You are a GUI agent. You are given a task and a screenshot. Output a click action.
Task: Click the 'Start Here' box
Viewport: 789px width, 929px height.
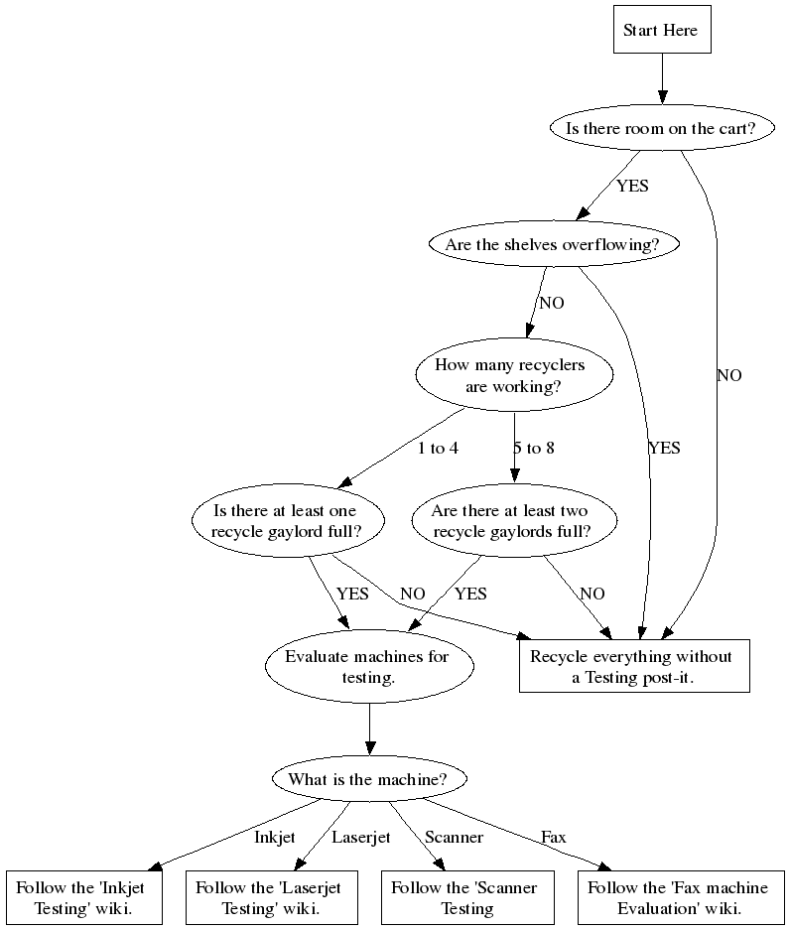click(x=660, y=30)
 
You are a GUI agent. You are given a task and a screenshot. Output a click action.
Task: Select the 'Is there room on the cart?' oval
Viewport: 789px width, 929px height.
click(x=660, y=128)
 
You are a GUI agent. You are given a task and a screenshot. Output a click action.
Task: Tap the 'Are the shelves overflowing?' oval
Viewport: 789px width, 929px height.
click(x=553, y=244)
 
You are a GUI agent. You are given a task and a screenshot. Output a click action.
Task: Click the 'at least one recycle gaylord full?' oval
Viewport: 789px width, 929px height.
click(x=286, y=521)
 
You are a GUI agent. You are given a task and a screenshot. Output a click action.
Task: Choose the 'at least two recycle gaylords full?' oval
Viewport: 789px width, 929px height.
click(x=512, y=521)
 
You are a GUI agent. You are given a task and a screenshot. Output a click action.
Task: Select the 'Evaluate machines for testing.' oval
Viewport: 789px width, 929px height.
click(x=367, y=667)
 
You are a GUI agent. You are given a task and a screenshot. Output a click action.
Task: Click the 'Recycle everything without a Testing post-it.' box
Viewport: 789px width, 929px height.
click(x=633, y=667)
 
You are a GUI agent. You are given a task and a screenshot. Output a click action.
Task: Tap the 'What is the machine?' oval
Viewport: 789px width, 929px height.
click(x=369, y=779)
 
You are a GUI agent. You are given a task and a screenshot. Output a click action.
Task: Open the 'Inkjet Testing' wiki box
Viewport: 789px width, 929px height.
click(x=84, y=898)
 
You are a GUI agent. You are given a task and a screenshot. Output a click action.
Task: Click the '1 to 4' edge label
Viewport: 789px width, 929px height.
click(x=438, y=448)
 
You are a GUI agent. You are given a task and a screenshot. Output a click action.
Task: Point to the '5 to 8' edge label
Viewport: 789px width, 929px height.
click(x=534, y=448)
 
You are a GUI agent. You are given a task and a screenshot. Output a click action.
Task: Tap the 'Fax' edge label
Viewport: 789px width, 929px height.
click(x=554, y=837)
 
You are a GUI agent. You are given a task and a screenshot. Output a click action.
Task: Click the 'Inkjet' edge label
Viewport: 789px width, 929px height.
click(x=275, y=837)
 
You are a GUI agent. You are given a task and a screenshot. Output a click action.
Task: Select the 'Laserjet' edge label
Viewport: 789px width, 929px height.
click(x=361, y=837)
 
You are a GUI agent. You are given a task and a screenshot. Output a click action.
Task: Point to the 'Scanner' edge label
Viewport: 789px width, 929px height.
click(x=454, y=837)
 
